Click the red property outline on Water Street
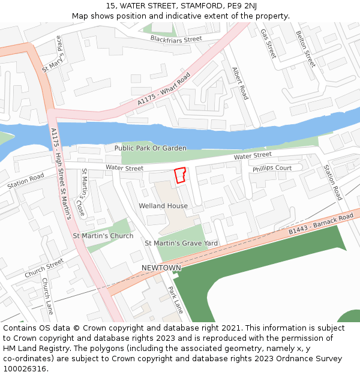click(179, 175)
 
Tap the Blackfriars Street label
click(176, 39)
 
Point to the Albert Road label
click(240, 83)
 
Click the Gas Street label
click(268, 44)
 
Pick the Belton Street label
click(305, 49)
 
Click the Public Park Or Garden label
click(150, 148)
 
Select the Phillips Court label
click(272, 169)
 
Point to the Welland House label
click(163, 206)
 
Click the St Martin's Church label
click(103, 236)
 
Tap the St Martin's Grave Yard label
click(181, 243)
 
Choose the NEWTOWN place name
click(161, 268)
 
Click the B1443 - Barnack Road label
click(320, 224)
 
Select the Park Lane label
click(175, 299)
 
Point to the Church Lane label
click(47, 295)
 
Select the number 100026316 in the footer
click(25, 369)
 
